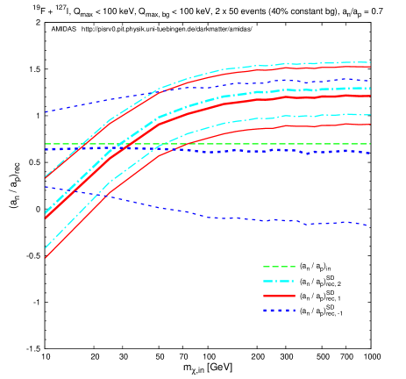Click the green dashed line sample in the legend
click(x=279, y=267)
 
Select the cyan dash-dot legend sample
click(x=279, y=282)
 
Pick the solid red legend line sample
click(x=279, y=297)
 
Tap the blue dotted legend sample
click(x=279, y=311)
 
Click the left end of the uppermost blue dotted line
click(x=46, y=112)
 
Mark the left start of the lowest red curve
click(x=46, y=258)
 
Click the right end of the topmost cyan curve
click(x=370, y=62)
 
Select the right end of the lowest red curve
click(x=370, y=125)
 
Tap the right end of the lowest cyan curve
click(x=370, y=114)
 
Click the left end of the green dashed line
click(x=46, y=144)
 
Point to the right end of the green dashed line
click(x=370, y=144)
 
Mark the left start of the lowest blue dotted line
click(x=46, y=186)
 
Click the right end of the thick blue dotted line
click(x=370, y=154)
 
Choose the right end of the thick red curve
click(x=370, y=96)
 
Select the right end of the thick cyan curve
click(x=370, y=88)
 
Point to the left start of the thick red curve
click(x=46, y=218)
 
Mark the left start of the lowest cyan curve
click(x=46, y=248)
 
